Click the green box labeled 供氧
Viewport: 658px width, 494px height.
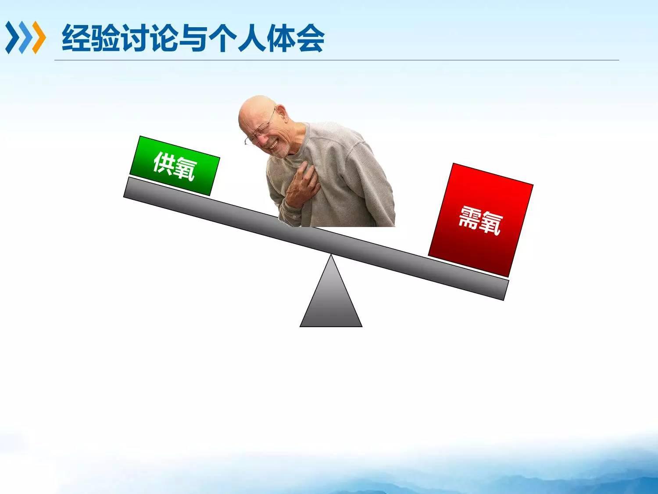[175, 166]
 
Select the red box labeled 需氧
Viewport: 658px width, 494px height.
[480, 220]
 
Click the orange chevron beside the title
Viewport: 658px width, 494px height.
[39, 37]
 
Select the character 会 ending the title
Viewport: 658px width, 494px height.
[310, 38]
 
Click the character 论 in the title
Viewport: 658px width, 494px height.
[164, 38]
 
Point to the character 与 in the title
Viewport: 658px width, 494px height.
[193, 38]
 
